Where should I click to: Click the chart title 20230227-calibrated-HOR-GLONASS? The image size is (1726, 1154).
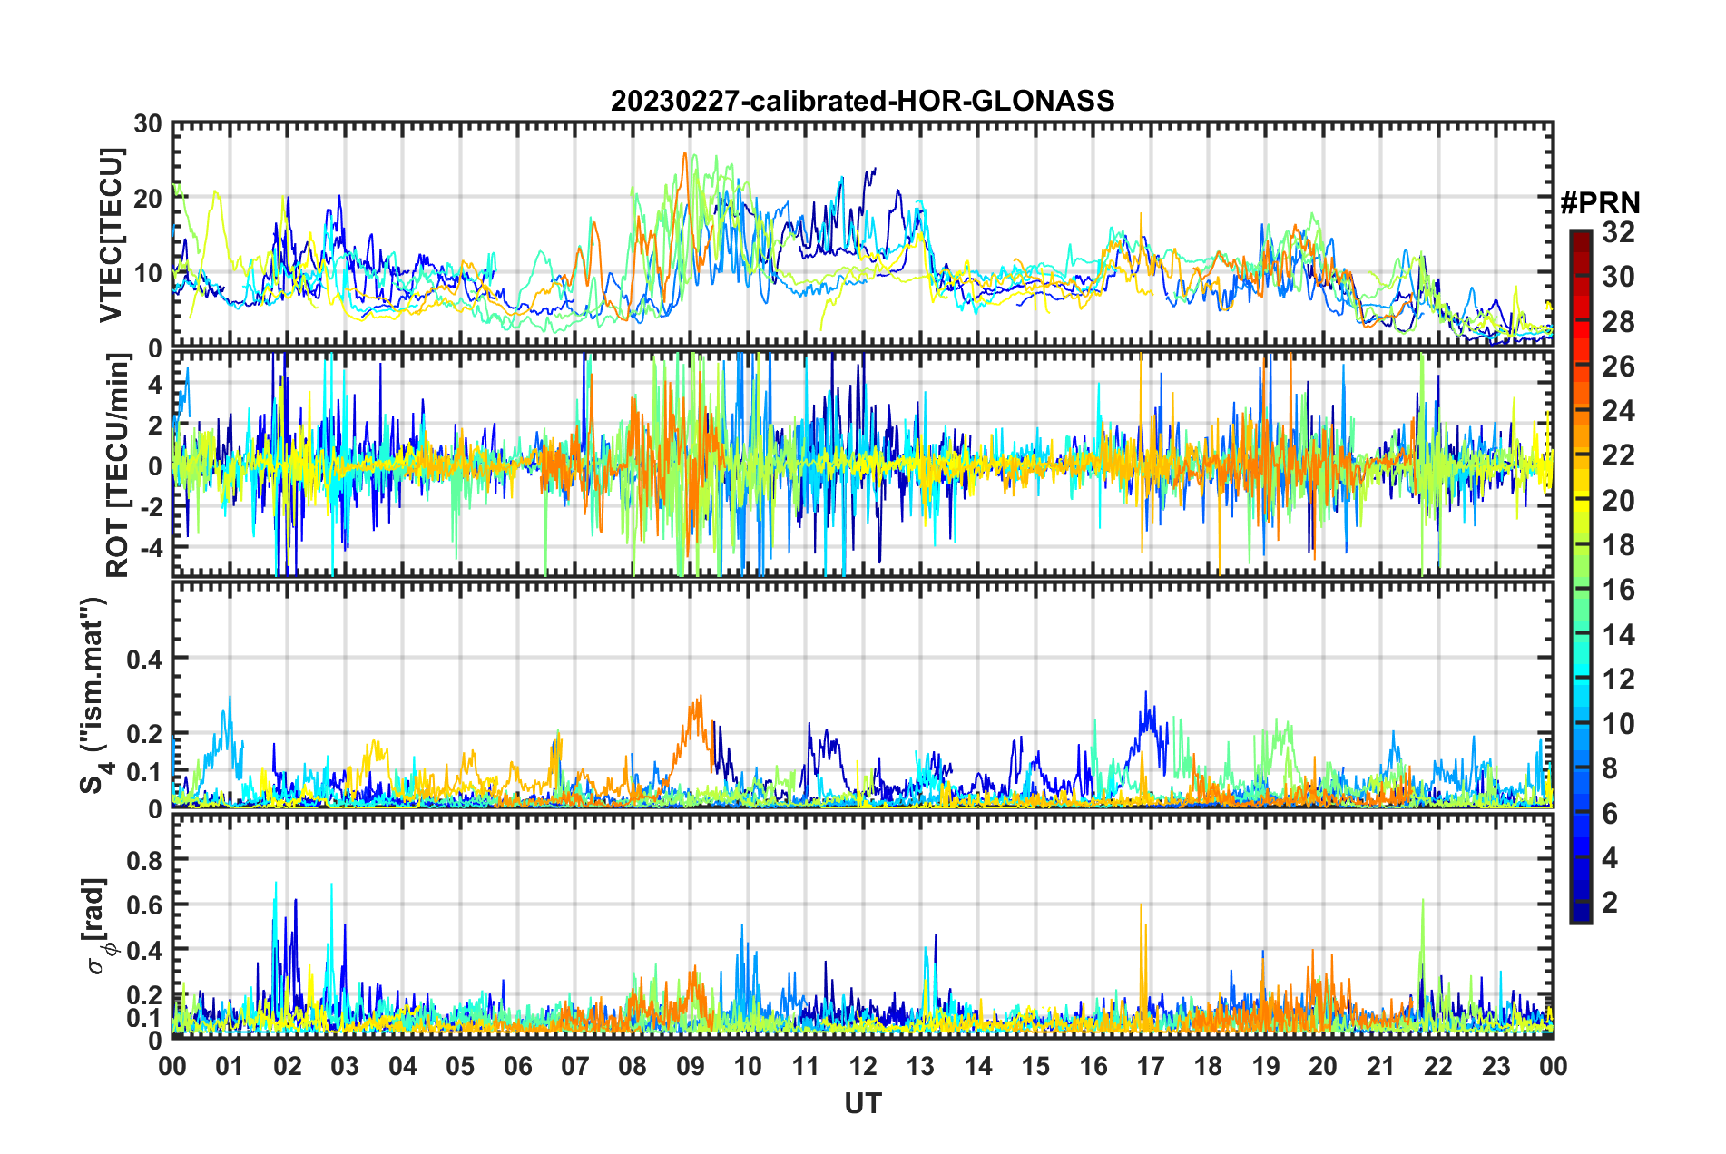[862, 101]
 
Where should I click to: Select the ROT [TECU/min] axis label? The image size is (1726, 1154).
[118, 465]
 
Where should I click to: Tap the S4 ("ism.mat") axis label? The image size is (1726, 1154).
[94, 696]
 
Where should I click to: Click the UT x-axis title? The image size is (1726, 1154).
[862, 1103]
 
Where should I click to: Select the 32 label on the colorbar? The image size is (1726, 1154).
[1618, 232]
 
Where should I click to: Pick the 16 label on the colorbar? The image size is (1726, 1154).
[1618, 590]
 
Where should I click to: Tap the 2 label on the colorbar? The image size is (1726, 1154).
[1610, 903]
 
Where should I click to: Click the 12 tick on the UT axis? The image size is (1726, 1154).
[863, 1066]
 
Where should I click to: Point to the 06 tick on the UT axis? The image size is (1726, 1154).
[518, 1066]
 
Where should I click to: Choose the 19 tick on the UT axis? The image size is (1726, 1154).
[1266, 1066]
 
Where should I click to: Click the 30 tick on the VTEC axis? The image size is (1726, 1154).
[149, 124]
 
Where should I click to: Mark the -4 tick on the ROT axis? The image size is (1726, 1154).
[148, 548]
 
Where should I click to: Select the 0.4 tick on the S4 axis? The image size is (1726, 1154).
[144, 659]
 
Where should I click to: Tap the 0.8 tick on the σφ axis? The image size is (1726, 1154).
[144, 859]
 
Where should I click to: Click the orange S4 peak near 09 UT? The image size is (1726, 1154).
[700, 697]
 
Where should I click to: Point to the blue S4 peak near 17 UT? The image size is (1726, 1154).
[1146, 693]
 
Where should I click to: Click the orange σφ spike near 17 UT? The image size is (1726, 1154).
[1142, 905]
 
